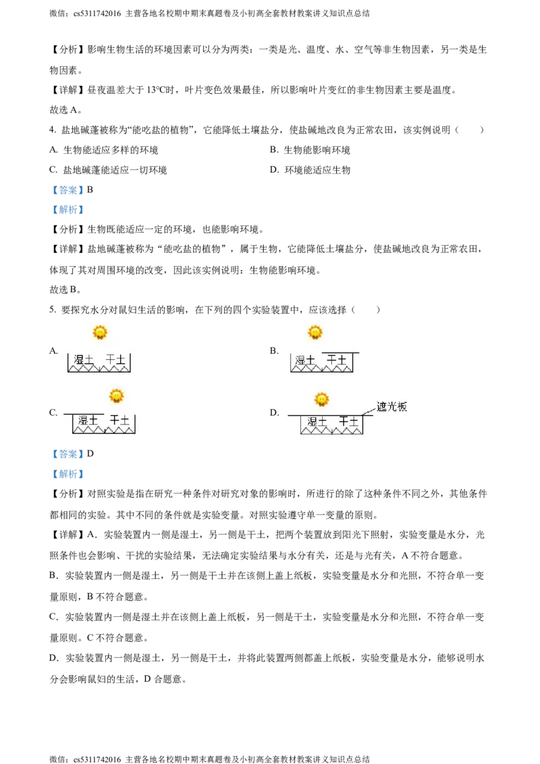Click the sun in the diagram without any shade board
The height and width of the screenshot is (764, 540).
coord(100,332)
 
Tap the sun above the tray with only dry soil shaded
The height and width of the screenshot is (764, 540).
coord(315,332)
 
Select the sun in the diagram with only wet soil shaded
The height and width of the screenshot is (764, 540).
coord(117,395)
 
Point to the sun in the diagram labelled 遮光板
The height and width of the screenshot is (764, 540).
coord(322,399)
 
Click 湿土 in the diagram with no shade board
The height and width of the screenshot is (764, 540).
coord(84,360)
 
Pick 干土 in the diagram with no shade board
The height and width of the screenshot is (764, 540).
coord(116,360)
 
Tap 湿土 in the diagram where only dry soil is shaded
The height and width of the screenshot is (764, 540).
coord(305,361)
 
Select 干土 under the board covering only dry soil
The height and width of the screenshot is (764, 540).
coord(336,361)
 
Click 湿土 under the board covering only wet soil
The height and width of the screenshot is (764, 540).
coord(88,420)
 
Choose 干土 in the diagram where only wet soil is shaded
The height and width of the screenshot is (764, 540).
coord(120,420)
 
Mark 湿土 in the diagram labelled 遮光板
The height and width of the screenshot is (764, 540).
coord(317,422)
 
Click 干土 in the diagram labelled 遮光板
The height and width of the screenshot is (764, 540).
coord(348,422)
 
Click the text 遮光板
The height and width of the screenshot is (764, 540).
coord(392,407)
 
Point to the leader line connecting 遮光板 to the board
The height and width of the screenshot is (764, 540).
coord(369,410)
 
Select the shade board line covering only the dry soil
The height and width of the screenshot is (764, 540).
coord(340,353)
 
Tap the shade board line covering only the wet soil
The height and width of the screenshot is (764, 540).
coord(84,414)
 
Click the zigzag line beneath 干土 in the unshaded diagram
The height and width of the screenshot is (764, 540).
coord(115,370)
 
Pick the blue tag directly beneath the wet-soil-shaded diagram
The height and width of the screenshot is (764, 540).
coord(67,454)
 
